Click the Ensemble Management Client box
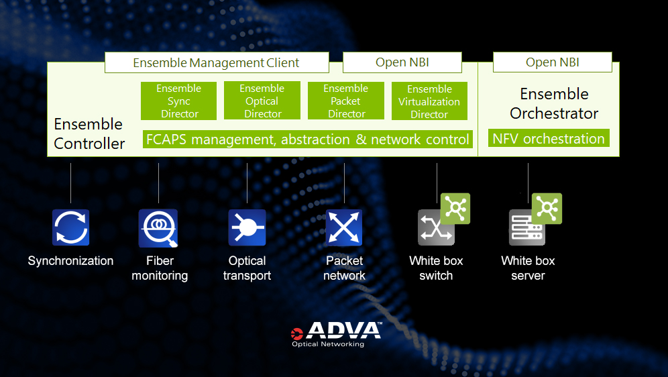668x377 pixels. point(216,63)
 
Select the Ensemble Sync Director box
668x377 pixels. point(178,101)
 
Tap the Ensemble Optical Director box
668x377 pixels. point(262,101)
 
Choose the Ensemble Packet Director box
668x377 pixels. point(346,101)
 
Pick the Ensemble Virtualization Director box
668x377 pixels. point(429,102)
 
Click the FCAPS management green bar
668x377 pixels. point(307,140)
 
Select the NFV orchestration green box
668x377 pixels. point(549,139)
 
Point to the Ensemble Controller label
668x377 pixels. point(89,133)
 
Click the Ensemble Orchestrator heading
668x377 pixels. point(554,103)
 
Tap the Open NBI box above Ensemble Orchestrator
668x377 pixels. point(552,62)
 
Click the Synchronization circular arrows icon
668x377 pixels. point(70,227)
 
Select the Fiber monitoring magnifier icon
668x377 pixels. point(158,228)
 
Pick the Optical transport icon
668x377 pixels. point(247,227)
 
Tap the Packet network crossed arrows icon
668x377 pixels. point(344,227)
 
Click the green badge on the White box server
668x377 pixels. point(547,209)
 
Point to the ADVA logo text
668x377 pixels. point(344,331)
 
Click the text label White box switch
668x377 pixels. point(436,268)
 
